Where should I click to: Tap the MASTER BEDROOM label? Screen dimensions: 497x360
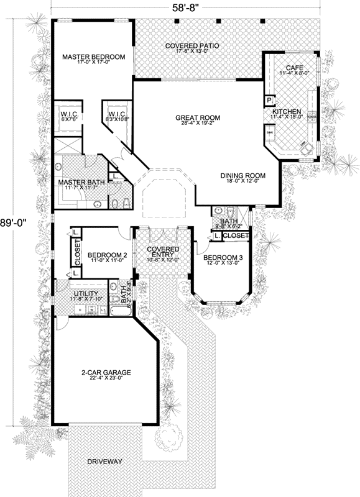click(x=94, y=57)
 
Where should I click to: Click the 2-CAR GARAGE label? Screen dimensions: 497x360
click(x=105, y=373)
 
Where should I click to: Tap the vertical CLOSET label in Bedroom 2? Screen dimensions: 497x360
click(x=78, y=253)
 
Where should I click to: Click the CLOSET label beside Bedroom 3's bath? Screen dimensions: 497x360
click(x=236, y=236)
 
